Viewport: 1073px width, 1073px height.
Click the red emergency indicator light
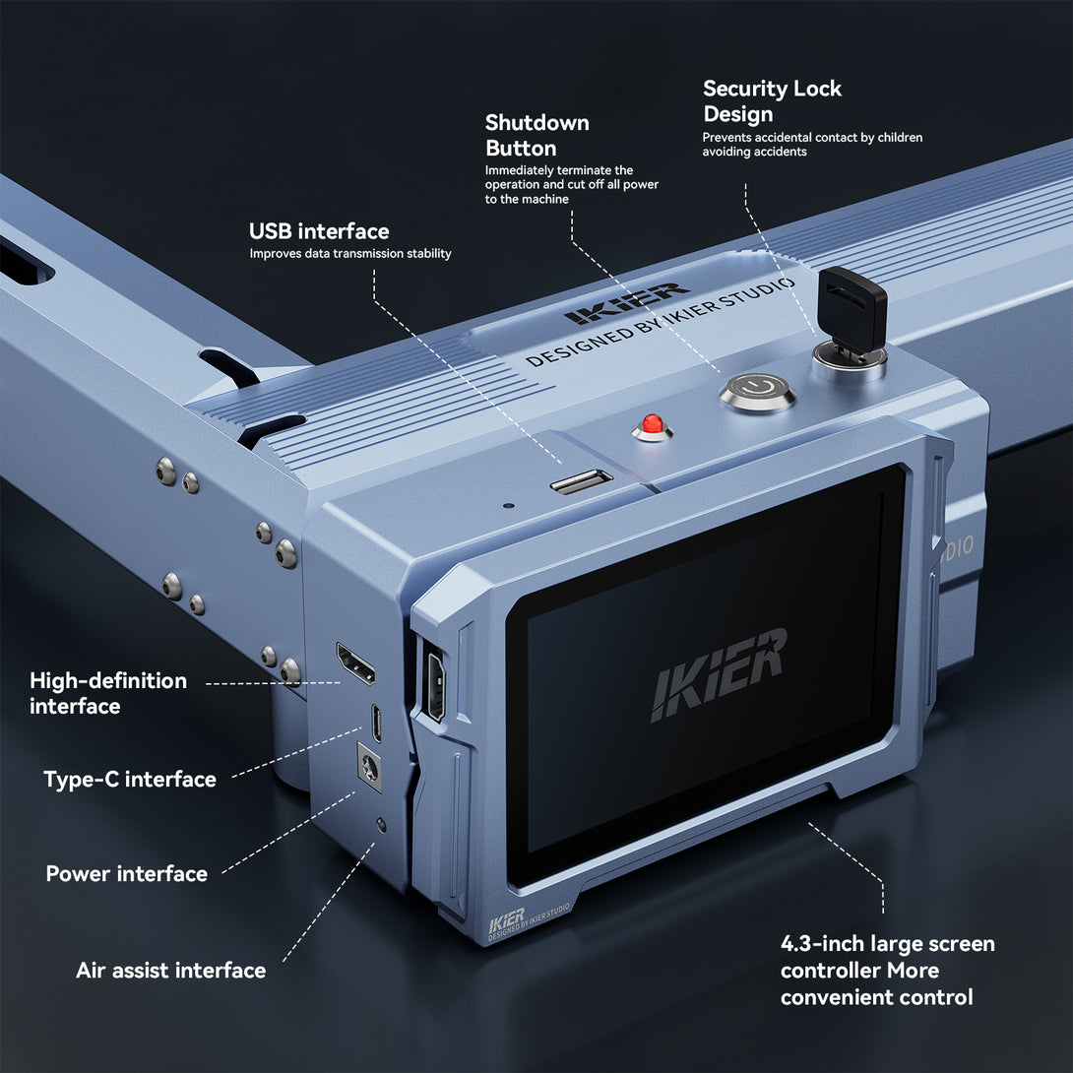pos(652,426)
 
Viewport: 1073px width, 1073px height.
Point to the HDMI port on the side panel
pos(355,663)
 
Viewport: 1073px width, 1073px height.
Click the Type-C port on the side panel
pos(376,722)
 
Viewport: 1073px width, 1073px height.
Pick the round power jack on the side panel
pos(370,767)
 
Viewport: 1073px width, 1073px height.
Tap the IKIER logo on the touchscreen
pos(719,673)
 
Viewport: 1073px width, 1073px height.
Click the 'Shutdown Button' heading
pos(536,136)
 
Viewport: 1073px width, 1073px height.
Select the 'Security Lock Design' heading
pos(772,101)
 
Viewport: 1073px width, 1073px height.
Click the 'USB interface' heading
pos(319,231)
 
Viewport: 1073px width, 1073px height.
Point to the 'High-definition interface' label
pos(107,693)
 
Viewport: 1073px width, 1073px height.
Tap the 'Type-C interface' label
pos(129,780)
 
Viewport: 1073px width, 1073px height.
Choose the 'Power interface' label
pos(126,874)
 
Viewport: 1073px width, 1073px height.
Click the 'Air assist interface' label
pos(170,971)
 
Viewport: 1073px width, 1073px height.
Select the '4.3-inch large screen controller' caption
pos(887,971)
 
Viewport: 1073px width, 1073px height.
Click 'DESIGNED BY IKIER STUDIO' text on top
pos(660,325)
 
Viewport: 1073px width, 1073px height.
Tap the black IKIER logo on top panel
pos(626,303)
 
